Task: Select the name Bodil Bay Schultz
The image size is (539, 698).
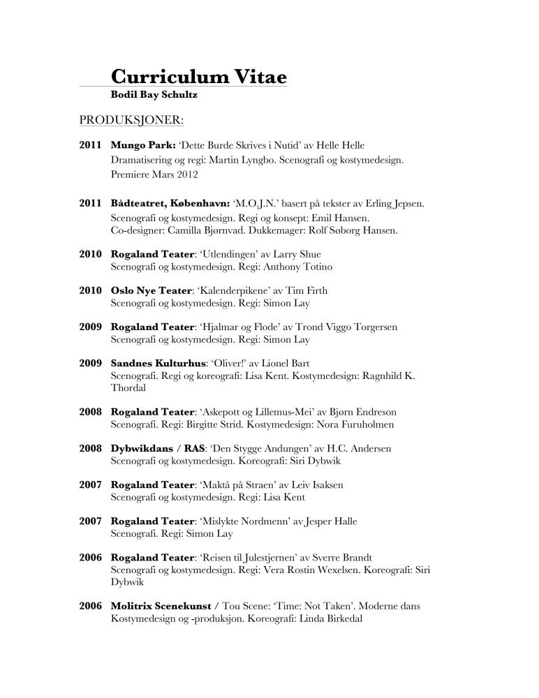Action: point(150,94)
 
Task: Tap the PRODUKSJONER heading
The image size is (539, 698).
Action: point(131,120)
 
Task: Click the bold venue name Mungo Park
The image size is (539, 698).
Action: point(142,145)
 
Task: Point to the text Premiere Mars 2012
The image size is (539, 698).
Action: point(154,174)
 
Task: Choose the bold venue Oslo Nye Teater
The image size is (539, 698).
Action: point(152,290)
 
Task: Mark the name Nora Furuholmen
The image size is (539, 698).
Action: point(369,424)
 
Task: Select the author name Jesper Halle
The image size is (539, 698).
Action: point(340,521)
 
